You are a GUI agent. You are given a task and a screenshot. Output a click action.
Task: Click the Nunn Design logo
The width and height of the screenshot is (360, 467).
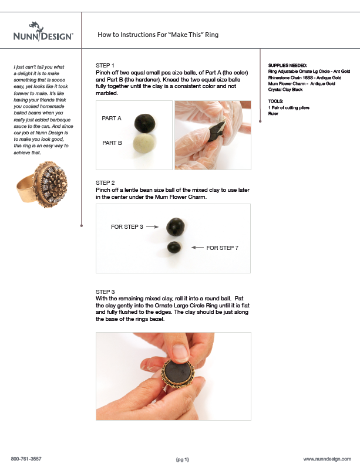(x=43, y=32)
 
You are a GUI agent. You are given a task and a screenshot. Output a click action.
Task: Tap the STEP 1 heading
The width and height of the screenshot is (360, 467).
(x=105, y=66)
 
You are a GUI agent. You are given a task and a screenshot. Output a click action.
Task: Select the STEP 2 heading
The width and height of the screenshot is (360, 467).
(x=105, y=183)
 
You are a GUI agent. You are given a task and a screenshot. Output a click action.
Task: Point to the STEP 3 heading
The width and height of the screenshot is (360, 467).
(x=105, y=292)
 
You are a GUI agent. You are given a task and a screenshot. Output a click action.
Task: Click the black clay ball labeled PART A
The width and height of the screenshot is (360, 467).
(x=145, y=123)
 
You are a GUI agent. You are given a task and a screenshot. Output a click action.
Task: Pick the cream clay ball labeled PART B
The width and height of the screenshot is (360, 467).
(x=144, y=143)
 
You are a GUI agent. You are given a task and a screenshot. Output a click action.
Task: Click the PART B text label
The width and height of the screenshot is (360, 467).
(x=112, y=143)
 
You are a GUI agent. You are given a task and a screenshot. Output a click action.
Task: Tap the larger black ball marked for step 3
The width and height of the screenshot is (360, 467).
(x=176, y=227)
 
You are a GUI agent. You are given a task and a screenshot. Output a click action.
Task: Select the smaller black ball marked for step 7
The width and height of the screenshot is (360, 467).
(x=174, y=247)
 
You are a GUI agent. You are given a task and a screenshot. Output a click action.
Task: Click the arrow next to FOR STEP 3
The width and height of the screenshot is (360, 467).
(x=152, y=226)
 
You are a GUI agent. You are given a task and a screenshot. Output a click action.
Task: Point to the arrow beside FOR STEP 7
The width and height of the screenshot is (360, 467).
(x=197, y=248)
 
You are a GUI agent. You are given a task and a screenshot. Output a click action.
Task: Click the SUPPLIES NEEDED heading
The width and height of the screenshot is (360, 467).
(x=288, y=66)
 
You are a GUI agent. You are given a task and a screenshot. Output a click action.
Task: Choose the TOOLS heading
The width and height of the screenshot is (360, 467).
(x=275, y=101)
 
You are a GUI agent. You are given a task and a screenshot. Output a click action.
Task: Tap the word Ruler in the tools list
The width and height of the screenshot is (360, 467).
(x=273, y=113)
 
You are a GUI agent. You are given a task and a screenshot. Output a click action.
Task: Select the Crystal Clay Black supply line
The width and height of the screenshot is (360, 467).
(x=285, y=89)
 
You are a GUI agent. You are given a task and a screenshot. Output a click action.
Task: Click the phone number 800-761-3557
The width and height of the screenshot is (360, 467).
(x=26, y=459)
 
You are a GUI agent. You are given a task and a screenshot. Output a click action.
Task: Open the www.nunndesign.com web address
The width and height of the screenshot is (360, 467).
(x=327, y=459)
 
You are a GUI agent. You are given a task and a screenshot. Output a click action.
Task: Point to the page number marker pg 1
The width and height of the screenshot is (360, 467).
(x=183, y=459)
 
